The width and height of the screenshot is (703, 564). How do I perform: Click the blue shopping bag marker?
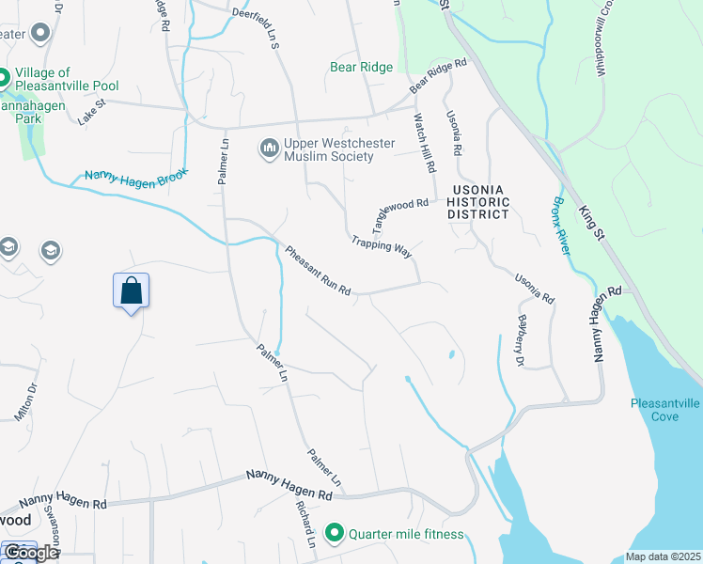click(132, 291)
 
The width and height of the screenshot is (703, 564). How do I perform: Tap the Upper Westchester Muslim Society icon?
click(268, 149)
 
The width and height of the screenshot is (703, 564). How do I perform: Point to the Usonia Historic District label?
click(478, 202)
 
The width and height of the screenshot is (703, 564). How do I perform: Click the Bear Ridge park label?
click(361, 67)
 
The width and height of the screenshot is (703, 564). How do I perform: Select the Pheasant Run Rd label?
click(318, 271)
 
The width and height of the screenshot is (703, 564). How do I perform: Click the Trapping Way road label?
click(383, 245)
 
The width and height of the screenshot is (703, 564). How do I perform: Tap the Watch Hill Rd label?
click(426, 142)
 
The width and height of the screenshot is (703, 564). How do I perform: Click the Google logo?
click(30, 553)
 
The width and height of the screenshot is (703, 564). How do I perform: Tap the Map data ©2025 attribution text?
click(663, 556)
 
